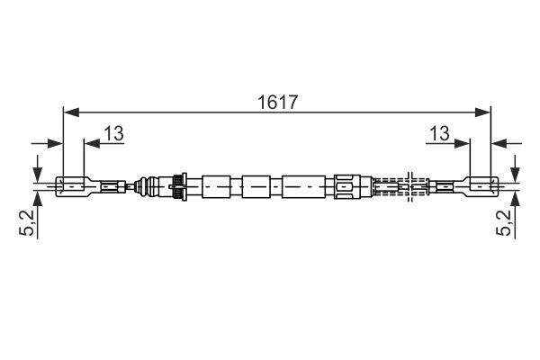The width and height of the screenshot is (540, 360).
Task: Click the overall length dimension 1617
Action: point(276,102)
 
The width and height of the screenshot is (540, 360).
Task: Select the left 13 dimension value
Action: point(112,133)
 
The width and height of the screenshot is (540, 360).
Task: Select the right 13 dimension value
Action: point(439,133)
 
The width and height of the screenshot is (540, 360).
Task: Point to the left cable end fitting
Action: point(72,187)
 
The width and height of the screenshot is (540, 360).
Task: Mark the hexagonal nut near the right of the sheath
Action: point(346,187)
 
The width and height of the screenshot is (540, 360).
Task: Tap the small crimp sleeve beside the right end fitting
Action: point(443,187)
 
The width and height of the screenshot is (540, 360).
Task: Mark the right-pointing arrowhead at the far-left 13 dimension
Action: point(56,142)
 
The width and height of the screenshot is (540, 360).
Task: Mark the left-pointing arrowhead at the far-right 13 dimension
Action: point(497,142)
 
